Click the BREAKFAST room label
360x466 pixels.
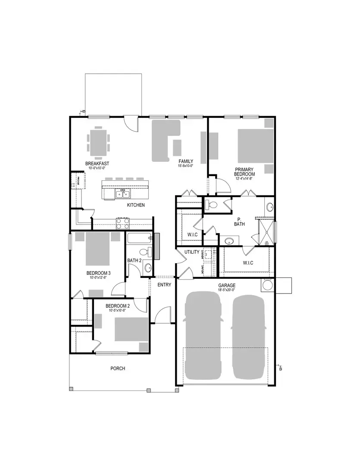click(97, 164)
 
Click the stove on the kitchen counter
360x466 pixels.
click(122, 223)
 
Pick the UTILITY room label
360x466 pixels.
click(191, 252)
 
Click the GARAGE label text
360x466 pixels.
click(226, 285)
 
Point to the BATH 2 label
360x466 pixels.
click(134, 261)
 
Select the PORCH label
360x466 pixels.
click(118, 368)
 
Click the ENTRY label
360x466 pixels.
click(164, 284)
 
